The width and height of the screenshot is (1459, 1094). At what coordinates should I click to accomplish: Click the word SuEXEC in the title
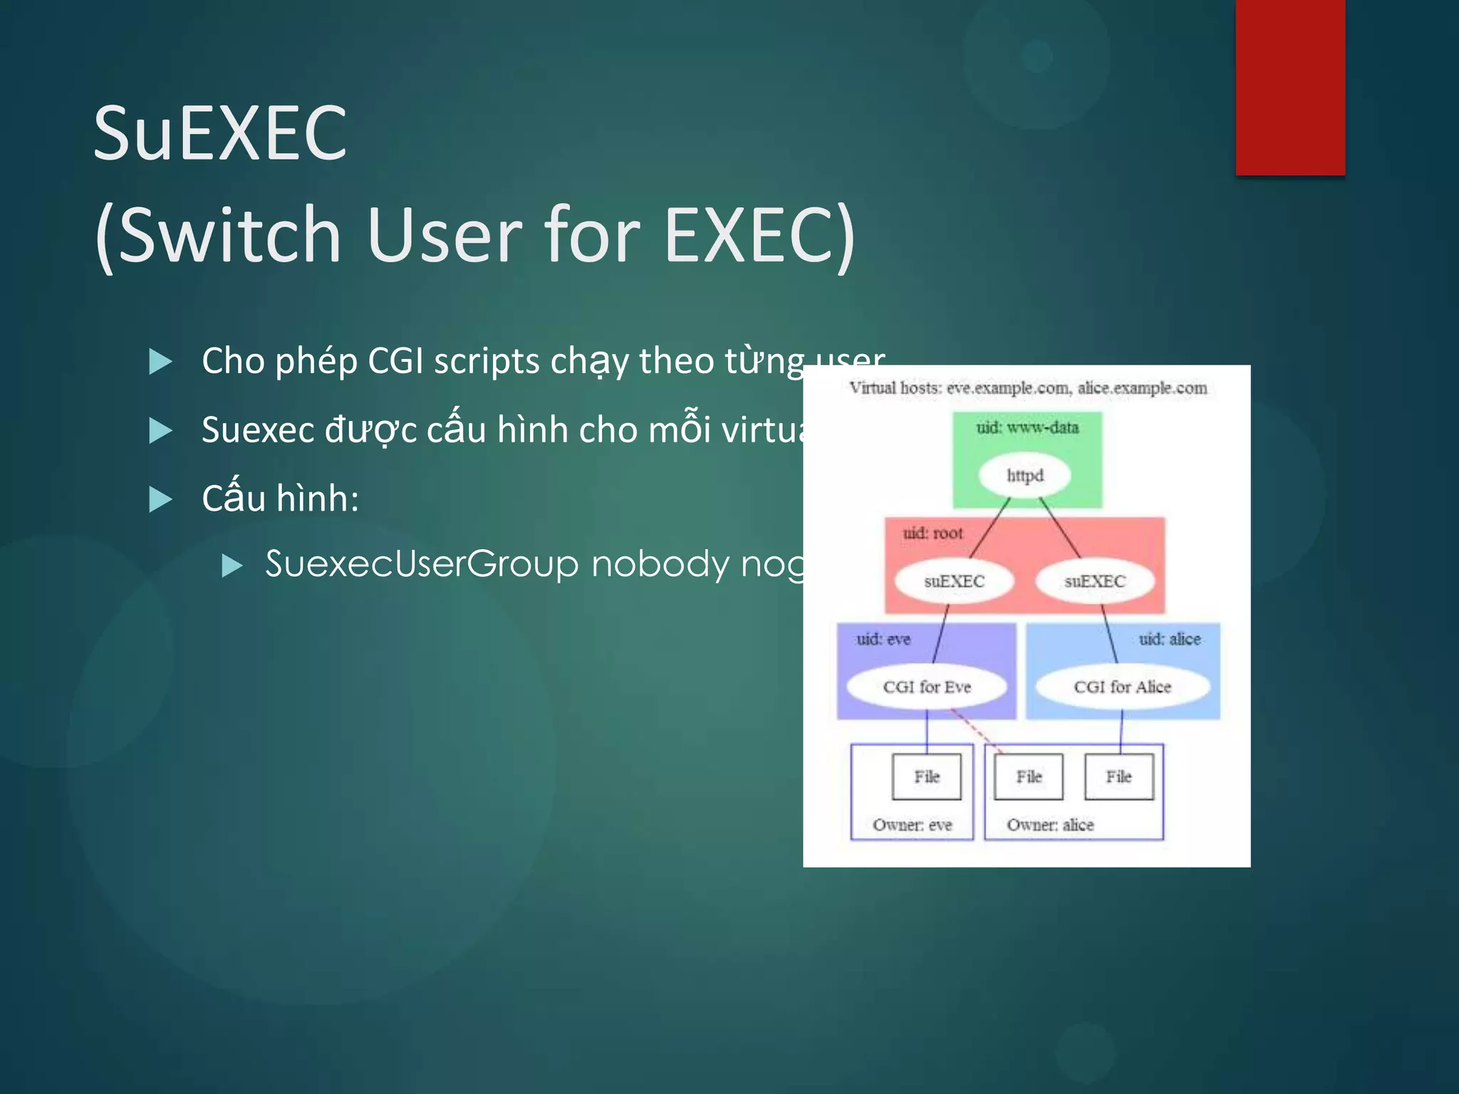[x=220, y=133]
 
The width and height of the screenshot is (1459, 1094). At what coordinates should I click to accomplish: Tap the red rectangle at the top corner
[x=1289, y=87]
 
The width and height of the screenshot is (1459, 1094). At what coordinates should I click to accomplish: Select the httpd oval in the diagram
[x=1024, y=476]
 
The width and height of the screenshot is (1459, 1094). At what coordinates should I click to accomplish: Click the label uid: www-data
[x=1027, y=427]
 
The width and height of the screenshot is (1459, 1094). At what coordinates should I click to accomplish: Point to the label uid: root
[x=932, y=533]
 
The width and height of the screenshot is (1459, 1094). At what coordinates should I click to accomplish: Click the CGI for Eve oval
[x=926, y=687]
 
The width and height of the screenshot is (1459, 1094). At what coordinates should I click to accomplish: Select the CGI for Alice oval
[x=1122, y=687]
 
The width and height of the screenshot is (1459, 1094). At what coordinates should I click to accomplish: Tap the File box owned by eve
[x=926, y=776]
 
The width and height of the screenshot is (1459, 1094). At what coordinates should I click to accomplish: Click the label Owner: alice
[x=1049, y=825]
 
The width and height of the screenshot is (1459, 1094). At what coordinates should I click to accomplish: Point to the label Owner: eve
[x=912, y=825]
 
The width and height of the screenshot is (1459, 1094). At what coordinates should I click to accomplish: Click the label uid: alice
[x=1169, y=639]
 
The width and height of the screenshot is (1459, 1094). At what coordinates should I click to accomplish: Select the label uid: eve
[x=883, y=639]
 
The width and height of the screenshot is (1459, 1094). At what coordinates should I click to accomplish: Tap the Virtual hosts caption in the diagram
[x=1027, y=388]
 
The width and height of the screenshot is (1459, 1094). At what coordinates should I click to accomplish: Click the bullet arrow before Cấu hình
[x=160, y=499]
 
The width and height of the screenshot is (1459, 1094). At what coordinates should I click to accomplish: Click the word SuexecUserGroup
[x=422, y=564]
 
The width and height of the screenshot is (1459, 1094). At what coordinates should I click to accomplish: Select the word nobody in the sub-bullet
[x=660, y=564]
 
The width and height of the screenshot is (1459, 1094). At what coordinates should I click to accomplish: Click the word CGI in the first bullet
[x=395, y=360]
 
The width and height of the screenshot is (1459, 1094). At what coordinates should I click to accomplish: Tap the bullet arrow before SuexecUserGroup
[x=232, y=566]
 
